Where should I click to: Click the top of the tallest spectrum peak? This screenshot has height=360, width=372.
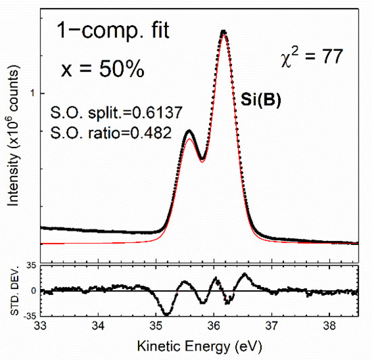point(223,31)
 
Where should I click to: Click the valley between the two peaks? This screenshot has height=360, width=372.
point(202,160)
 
